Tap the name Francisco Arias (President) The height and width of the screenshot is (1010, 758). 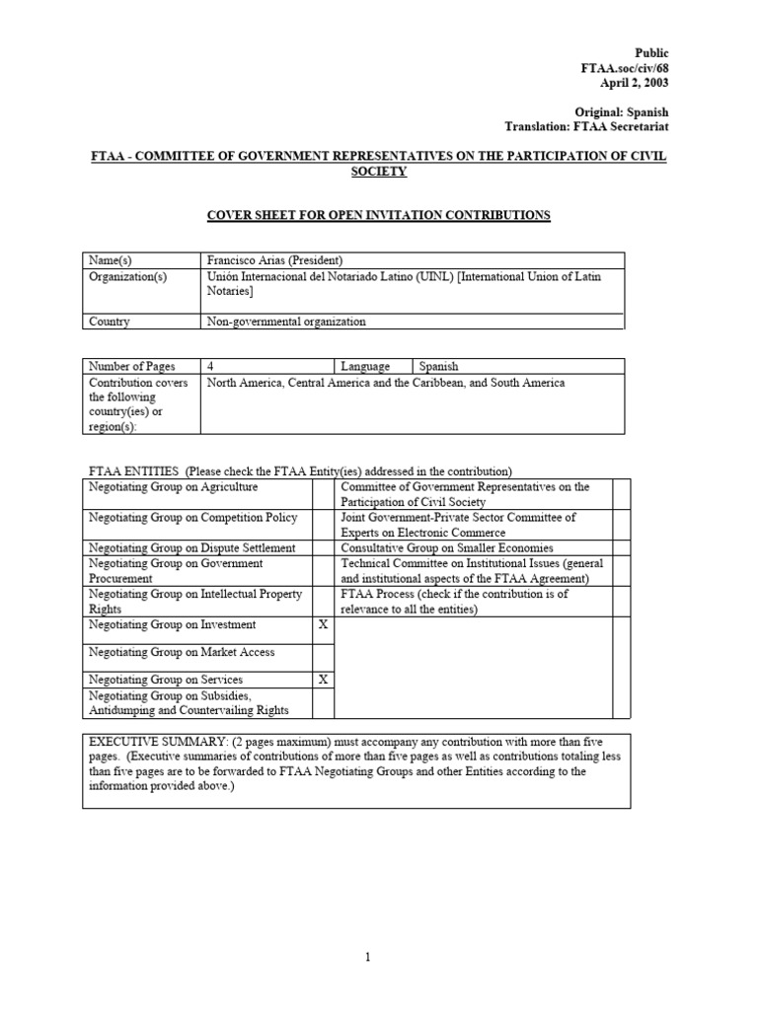click(273, 259)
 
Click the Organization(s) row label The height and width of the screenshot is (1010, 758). click(128, 277)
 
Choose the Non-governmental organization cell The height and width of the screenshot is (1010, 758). click(285, 322)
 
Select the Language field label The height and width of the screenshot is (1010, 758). click(366, 366)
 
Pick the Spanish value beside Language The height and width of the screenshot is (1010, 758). click(438, 366)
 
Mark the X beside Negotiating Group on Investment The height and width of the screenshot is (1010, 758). click(324, 624)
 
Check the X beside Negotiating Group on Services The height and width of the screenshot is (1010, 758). click(324, 680)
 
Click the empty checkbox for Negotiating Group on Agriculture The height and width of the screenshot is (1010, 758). click(324, 493)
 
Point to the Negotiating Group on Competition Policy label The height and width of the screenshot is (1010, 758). click(193, 518)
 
